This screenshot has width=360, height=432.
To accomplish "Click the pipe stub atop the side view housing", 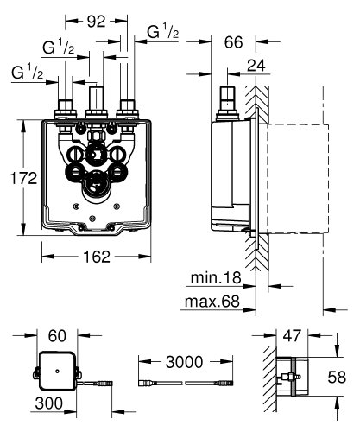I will click(x=230, y=99).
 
